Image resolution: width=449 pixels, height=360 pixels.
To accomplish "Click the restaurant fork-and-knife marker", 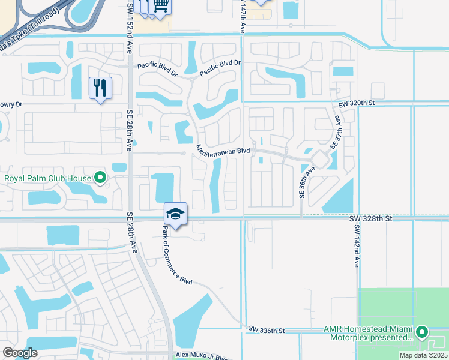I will click(100, 88).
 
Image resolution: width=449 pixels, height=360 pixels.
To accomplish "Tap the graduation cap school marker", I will click(175, 214).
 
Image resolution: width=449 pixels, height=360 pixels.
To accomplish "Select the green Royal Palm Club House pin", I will click(101, 178).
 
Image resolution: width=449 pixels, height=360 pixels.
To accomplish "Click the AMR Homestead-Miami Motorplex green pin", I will click(423, 331).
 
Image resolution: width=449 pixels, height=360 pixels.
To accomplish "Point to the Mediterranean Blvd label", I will click(223, 150).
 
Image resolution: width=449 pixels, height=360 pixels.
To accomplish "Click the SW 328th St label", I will click(371, 220).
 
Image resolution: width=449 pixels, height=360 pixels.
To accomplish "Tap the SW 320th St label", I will click(356, 104).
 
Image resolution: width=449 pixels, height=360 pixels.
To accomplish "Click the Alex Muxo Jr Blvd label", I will click(202, 355).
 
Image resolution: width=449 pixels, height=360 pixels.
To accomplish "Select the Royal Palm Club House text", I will click(48, 178).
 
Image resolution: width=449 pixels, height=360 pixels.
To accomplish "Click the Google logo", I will click(20, 352).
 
